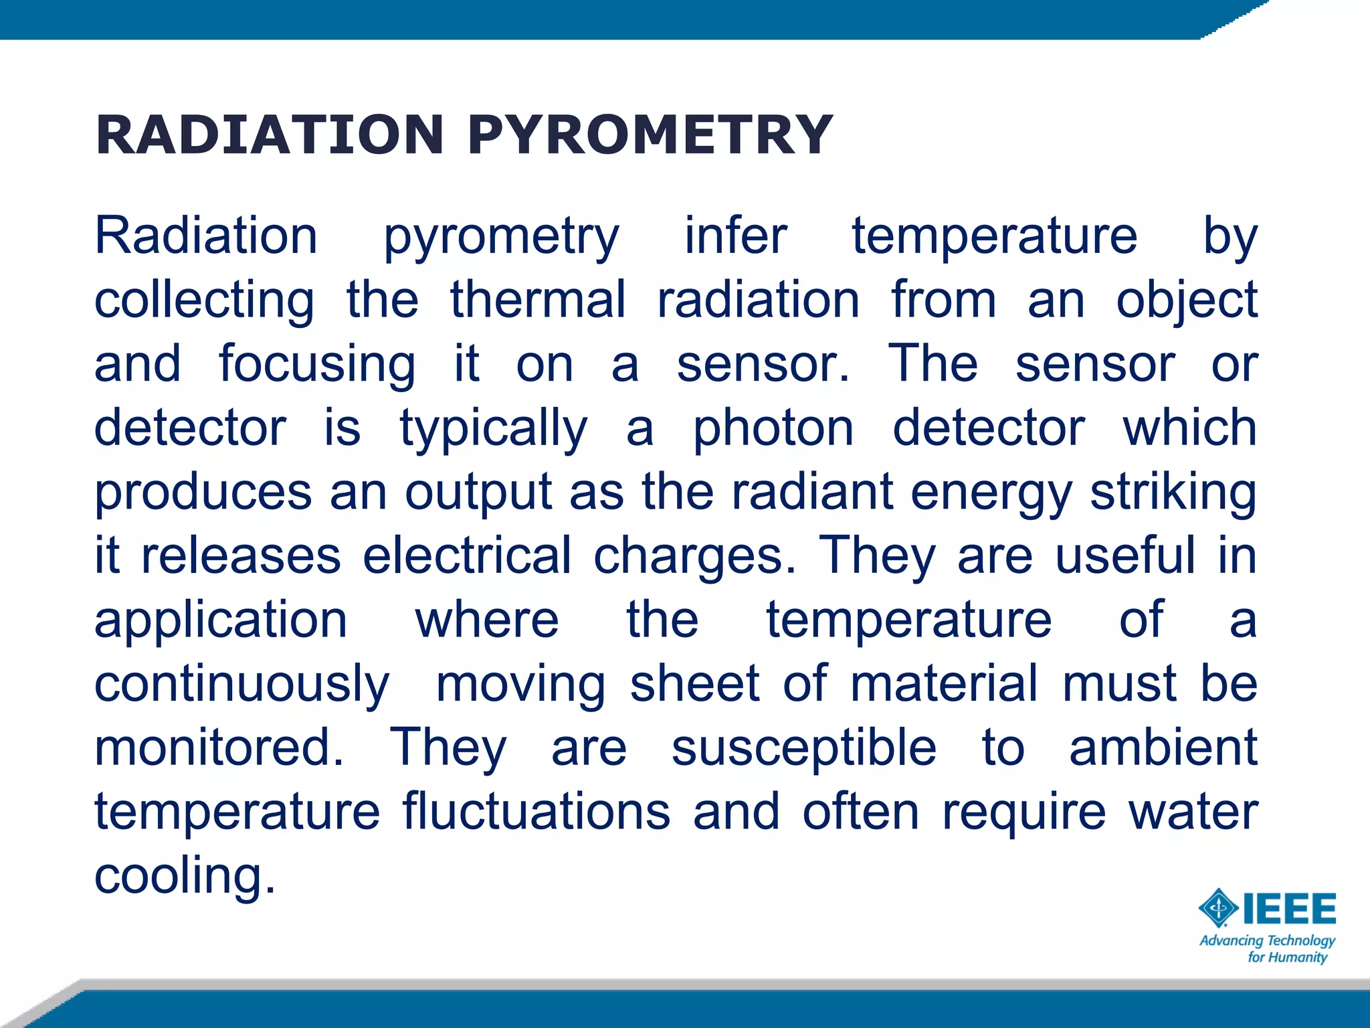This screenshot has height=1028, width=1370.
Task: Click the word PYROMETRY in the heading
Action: coord(650,135)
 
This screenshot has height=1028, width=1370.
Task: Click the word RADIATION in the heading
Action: coord(270,135)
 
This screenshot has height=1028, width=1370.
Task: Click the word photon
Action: coord(773,428)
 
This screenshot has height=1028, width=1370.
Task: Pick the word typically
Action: coord(494,428)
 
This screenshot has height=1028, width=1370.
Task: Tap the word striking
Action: coord(1173,492)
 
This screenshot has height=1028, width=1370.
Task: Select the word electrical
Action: coord(467,555)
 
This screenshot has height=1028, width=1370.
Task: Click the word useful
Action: coord(1125,555)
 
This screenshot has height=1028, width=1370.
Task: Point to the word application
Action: coord(221,620)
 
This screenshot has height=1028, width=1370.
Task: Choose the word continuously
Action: coord(241,684)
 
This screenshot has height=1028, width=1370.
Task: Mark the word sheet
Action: coord(694,684)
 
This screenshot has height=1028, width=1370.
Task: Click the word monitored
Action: coord(219,748)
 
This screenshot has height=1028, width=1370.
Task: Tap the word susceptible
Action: coord(803,748)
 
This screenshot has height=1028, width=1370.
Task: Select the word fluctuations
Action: coord(536,811)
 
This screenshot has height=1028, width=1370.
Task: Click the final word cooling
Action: coord(185,875)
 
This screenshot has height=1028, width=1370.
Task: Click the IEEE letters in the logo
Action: coord(1289,909)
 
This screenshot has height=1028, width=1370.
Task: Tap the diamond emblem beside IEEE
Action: coord(1219,909)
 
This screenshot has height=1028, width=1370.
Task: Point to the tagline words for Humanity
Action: coord(1287,957)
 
